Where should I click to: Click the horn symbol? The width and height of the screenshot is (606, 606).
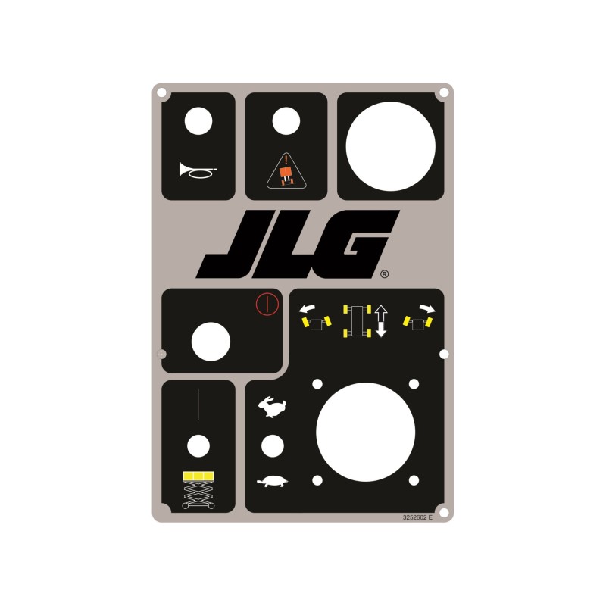pyautogui.click(x=198, y=170)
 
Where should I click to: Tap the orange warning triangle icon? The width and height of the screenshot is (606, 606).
pyautogui.click(x=286, y=172)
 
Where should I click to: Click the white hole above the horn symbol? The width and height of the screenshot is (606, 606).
pyautogui.click(x=198, y=121)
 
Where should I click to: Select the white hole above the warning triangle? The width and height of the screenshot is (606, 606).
pyautogui.click(x=286, y=121)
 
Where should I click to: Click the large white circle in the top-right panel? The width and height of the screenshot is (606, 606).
pyautogui.click(x=390, y=146)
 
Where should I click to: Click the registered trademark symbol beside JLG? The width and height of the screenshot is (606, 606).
pyautogui.click(x=384, y=275)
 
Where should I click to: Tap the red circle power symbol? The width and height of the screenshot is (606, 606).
pyautogui.click(x=263, y=305)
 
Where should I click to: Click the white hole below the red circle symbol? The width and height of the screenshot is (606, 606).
pyautogui.click(x=211, y=342)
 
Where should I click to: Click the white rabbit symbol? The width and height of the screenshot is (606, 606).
pyautogui.click(x=272, y=408)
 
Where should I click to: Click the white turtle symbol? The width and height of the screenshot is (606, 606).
pyautogui.click(x=273, y=481)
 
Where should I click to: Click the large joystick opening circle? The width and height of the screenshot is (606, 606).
pyautogui.click(x=365, y=432)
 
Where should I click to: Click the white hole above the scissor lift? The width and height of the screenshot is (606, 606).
pyautogui.click(x=198, y=446)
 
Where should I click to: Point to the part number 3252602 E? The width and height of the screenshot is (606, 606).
pyautogui.click(x=417, y=517)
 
